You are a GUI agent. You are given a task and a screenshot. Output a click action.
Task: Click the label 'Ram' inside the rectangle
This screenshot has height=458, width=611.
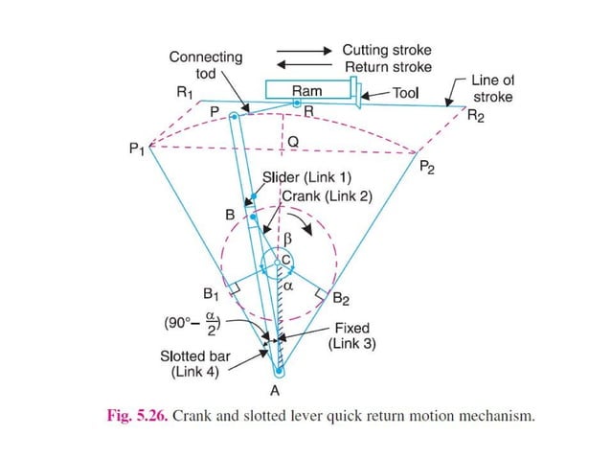(x=306, y=92)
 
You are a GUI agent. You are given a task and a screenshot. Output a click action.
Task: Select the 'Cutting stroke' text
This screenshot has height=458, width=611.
(x=387, y=49)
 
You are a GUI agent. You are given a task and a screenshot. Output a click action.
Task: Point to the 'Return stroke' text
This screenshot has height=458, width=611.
(x=388, y=67)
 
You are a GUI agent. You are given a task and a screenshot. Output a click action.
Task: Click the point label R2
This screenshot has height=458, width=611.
(x=475, y=117)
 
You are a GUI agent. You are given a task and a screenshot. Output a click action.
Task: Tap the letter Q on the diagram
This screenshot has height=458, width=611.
(x=294, y=141)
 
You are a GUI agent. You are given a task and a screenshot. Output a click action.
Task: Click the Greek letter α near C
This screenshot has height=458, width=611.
(x=287, y=285)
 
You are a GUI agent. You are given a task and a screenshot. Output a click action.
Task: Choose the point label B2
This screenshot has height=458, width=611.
(x=340, y=297)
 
